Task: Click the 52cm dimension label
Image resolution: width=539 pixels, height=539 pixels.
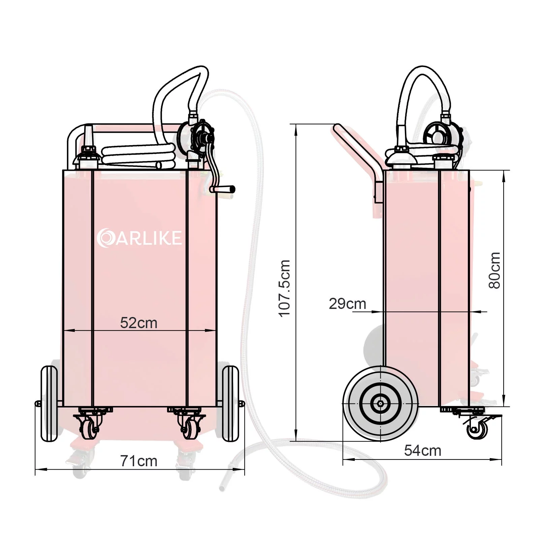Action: [139, 323]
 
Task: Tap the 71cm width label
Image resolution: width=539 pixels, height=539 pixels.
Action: [139, 461]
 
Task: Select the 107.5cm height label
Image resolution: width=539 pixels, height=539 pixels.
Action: [284, 288]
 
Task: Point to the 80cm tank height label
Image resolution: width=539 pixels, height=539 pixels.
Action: [494, 270]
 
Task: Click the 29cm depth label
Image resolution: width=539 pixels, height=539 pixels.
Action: [347, 304]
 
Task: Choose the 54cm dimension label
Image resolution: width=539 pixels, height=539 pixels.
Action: [422, 450]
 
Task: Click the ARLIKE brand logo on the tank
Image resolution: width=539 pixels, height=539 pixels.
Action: [139, 238]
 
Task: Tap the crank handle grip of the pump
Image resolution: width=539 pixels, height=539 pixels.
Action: [222, 189]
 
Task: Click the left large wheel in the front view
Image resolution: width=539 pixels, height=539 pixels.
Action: [49, 404]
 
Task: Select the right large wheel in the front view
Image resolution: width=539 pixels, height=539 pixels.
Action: [230, 404]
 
